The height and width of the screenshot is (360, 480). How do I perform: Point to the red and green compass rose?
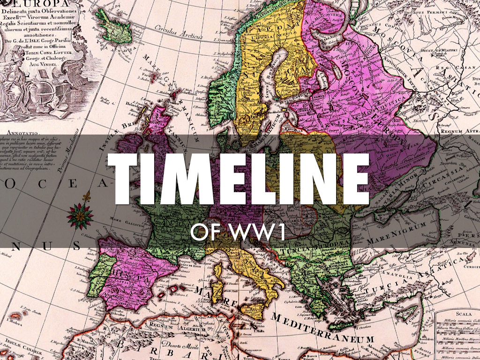(80, 216)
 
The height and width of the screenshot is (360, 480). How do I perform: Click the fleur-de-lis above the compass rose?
(86, 196)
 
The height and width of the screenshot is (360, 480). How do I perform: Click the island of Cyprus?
(412, 319)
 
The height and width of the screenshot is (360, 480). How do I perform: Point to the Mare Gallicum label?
(120, 218)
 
